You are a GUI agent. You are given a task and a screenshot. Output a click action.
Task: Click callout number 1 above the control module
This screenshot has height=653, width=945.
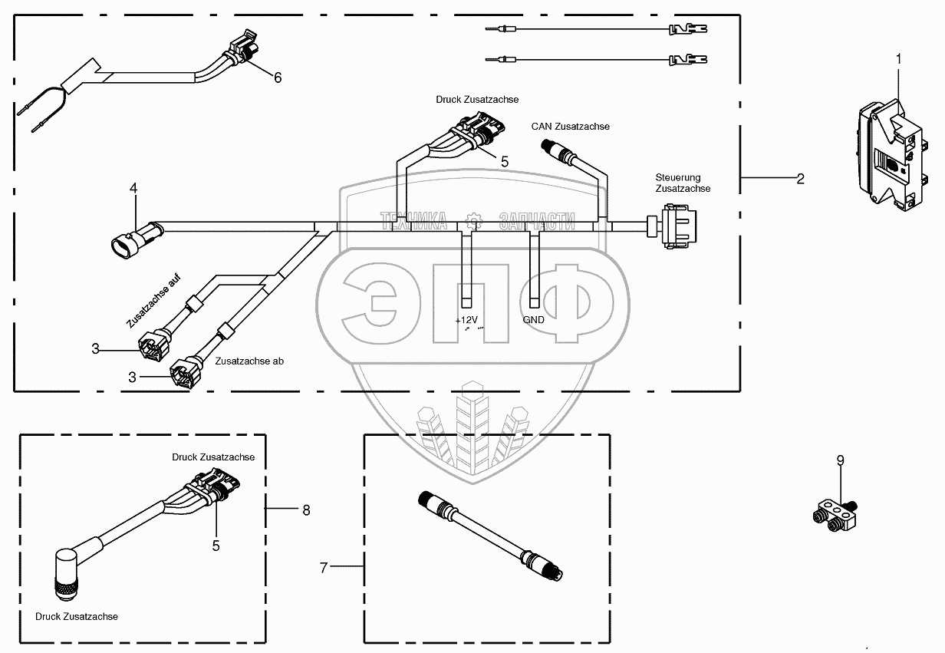[899, 58]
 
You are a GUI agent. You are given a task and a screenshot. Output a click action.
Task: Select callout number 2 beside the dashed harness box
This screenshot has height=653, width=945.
[800, 179]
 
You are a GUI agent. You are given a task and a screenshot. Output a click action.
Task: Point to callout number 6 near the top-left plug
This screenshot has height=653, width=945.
[278, 78]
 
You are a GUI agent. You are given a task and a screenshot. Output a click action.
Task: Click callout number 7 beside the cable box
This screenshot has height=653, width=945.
[324, 568]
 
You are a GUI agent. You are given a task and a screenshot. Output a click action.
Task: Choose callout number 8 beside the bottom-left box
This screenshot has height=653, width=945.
[306, 509]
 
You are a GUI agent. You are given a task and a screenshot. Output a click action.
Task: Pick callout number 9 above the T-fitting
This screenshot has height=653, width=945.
[840, 460]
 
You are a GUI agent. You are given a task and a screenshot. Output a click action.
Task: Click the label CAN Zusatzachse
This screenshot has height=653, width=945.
[570, 126]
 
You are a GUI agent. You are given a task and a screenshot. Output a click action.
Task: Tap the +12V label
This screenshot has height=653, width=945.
[466, 319]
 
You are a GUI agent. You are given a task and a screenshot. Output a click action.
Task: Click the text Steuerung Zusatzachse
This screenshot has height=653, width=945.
[683, 183]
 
